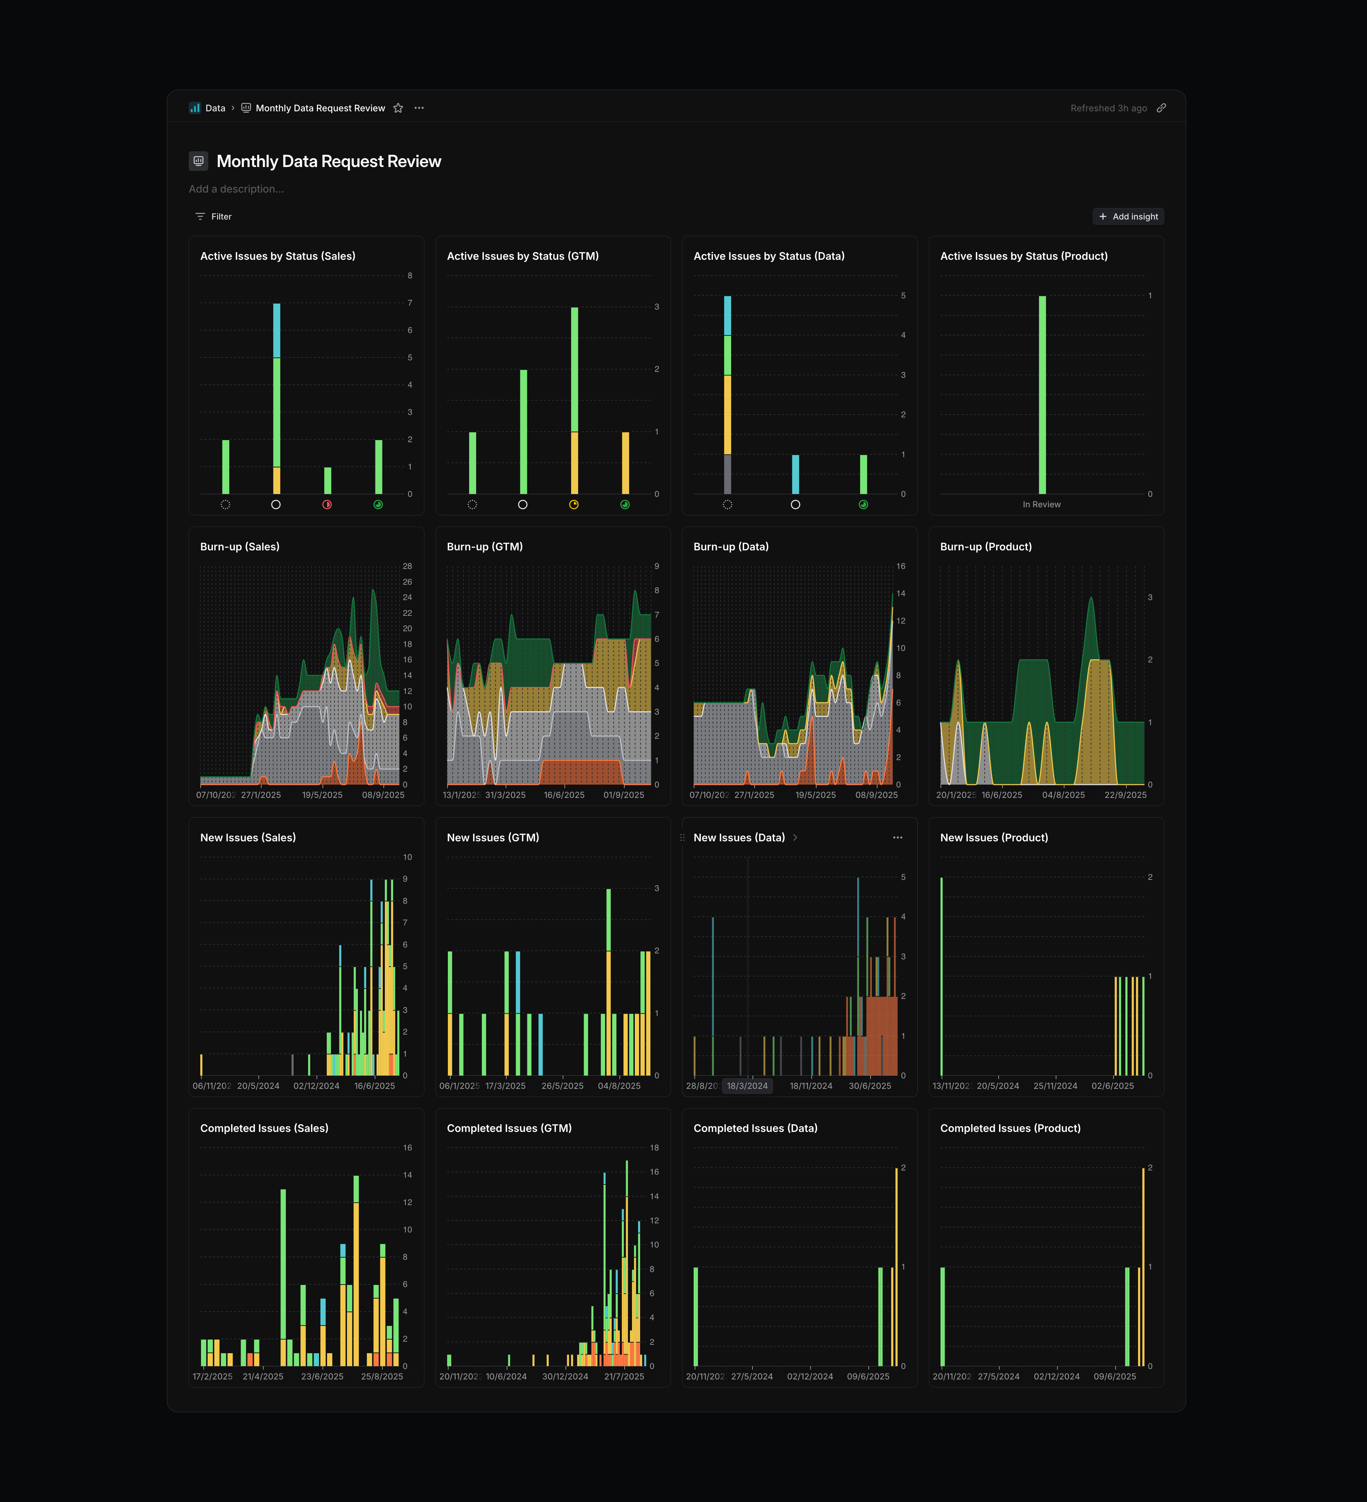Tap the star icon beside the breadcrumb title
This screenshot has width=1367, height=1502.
coord(398,108)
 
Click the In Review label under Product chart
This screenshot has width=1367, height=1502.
coord(1041,505)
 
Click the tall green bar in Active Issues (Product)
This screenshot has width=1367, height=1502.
coord(1042,395)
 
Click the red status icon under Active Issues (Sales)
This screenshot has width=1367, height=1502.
coord(327,505)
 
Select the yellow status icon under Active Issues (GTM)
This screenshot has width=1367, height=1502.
coord(574,505)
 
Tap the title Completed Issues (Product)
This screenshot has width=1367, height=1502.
coord(1009,1128)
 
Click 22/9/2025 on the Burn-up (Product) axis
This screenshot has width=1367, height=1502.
coord(1125,795)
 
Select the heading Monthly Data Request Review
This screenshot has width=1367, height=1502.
coord(328,162)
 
